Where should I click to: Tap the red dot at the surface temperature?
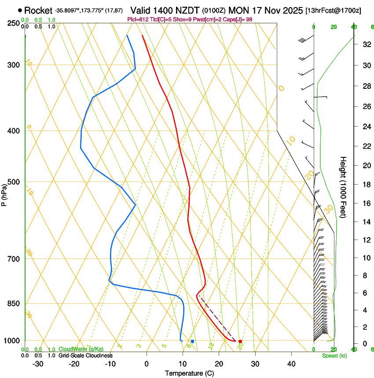[x=240, y=341]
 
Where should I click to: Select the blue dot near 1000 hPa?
[x=192, y=341]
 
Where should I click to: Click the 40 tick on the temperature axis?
[x=291, y=364]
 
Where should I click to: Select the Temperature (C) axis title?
[x=189, y=373]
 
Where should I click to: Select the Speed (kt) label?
[x=334, y=356]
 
